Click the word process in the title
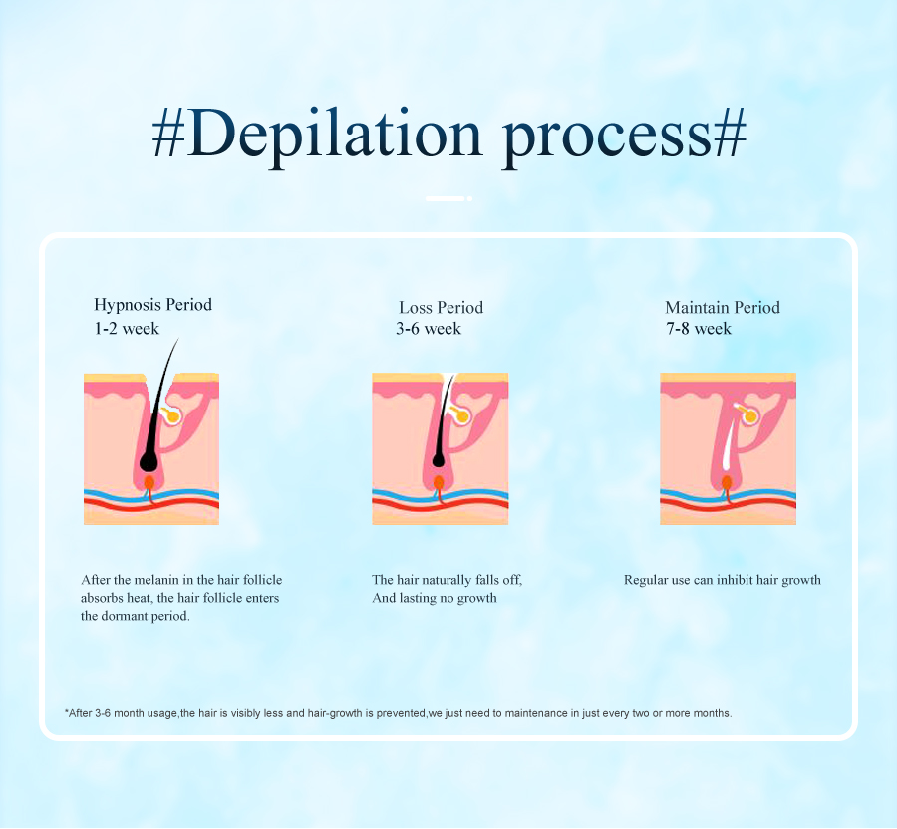pos(606,141)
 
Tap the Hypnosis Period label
pos(152,305)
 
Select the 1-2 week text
pos(127,328)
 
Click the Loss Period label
pos(442,308)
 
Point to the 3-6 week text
pos(429,328)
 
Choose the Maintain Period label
pos(722,308)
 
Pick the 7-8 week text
pos(699,328)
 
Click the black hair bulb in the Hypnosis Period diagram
pos(149,461)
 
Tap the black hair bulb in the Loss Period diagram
pos(439,459)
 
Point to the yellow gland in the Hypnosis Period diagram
pos(171,415)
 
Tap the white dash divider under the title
pos(448,198)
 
